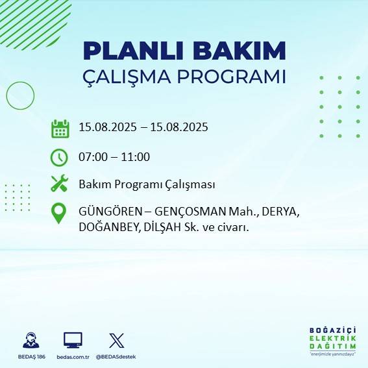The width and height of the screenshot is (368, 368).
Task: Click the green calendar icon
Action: click(x=60, y=129)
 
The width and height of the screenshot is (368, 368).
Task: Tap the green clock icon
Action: click(x=59, y=157)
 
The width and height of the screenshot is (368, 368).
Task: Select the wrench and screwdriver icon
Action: click(x=59, y=184)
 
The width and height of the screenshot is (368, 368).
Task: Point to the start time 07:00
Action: click(x=93, y=157)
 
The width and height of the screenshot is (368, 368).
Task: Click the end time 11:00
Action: click(x=135, y=157)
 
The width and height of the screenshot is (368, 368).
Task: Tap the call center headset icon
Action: click(x=30, y=340)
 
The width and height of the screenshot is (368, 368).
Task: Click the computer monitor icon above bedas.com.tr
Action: click(x=73, y=340)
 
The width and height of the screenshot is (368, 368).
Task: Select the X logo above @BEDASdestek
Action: click(x=116, y=340)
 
